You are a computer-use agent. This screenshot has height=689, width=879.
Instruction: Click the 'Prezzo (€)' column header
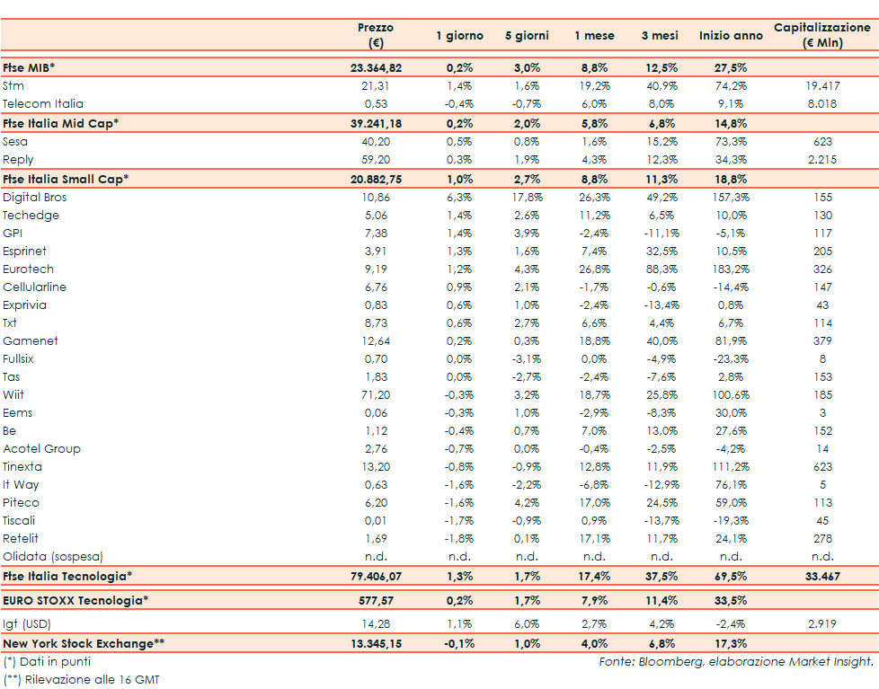pyautogui.click(x=376, y=35)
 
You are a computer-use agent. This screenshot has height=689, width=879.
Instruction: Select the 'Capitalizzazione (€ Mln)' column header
pyautogui.click(x=822, y=35)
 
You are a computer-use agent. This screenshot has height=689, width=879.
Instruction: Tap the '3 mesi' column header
pyautogui.click(x=660, y=36)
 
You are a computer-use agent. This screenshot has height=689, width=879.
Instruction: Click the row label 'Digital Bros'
pyautogui.click(x=35, y=198)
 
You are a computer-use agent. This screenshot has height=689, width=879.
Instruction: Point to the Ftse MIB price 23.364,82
pyautogui.click(x=376, y=67)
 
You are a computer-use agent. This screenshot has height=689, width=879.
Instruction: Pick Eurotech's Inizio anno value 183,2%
pyautogui.click(x=731, y=269)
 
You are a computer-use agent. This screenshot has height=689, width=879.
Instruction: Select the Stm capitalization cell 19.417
pyautogui.click(x=822, y=86)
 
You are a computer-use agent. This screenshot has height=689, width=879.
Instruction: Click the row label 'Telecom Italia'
pyautogui.click(x=43, y=104)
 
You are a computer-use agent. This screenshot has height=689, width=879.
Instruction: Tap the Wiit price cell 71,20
pyautogui.click(x=376, y=395)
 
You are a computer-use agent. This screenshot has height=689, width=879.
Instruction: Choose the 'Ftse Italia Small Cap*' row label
pyautogui.click(x=66, y=179)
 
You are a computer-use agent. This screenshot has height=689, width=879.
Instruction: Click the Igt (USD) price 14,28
pyautogui.click(x=376, y=623)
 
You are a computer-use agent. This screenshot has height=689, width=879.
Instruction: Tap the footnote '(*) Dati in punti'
pyautogui.click(x=47, y=662)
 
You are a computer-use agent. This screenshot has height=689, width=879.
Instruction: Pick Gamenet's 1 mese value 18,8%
pyautogui.click(x=595, y=341)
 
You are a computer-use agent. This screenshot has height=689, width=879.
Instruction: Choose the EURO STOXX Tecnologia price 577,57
pyautogui.click(x=376, y=600)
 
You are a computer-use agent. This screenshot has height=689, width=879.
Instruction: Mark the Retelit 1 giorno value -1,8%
pyautogui.click(x=460, y=539)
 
